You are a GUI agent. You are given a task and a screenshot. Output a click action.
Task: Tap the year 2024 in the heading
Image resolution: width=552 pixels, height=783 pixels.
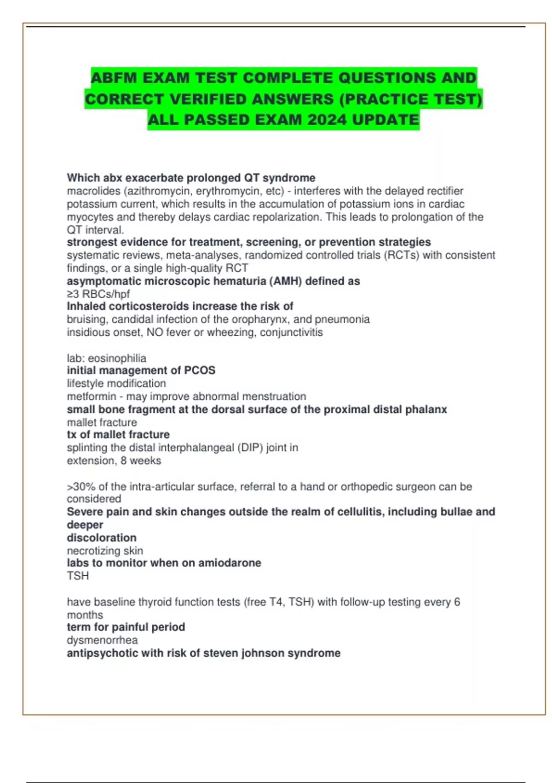(327, 120)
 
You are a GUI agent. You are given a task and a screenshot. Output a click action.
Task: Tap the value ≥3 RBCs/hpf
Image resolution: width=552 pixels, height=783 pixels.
(98, 294)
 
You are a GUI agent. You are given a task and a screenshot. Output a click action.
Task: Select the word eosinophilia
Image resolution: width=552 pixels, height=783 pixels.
(117, 358)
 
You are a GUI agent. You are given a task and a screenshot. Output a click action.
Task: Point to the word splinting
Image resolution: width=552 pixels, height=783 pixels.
(87, 448)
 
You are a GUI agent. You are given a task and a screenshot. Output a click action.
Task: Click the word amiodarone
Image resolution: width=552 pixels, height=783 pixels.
(230, 563)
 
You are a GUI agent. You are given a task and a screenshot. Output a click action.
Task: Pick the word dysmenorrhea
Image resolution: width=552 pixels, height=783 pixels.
(102, 640)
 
